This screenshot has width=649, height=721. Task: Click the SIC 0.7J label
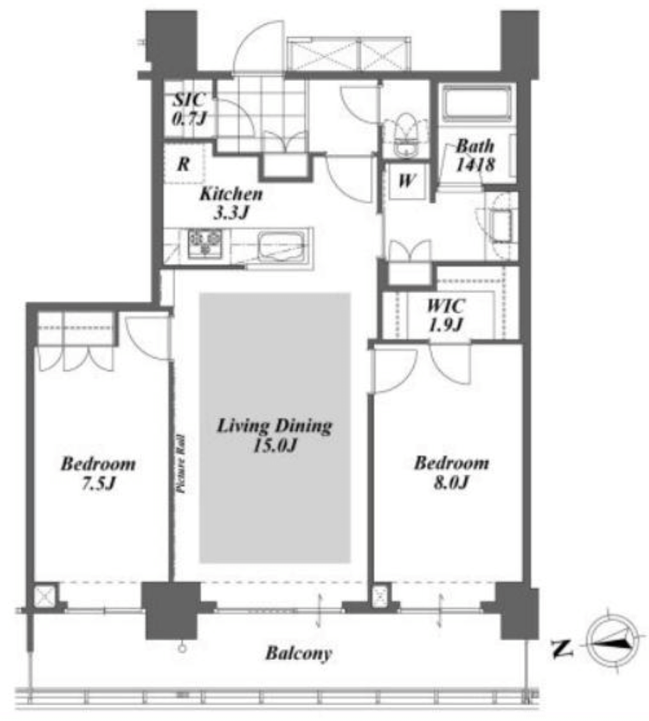pos(190,109)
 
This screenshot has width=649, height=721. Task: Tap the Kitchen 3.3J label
pos(231,203)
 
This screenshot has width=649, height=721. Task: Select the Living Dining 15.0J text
pos(274,435)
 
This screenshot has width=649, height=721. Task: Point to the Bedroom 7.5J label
pos(98,473)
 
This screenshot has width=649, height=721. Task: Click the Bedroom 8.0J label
pos(451,472)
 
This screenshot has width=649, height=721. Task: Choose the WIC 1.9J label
pos(445,315)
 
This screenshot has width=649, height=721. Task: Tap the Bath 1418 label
pos(475,155)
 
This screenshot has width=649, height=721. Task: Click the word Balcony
pos(298,654)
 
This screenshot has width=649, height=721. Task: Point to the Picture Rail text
pos(181,464)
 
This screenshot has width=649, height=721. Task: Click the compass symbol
pos(612,642)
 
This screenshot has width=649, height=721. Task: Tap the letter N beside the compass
pos(562,648)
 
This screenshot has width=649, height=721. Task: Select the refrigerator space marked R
pos(183,163)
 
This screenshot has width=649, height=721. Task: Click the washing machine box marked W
pos(405,180)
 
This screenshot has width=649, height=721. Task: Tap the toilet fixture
pos(406,135)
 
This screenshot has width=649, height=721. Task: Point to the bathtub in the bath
pos(477,104)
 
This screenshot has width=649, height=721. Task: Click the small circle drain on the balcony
pos(182,649)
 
